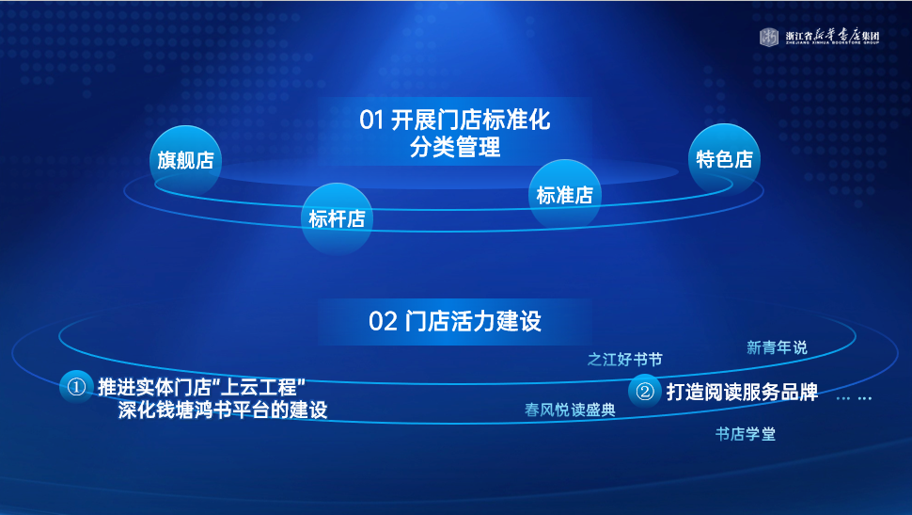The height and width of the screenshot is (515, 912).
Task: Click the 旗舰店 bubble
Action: pyautogui.click(x=185, y=160)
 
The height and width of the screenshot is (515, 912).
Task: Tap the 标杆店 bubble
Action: pyautogui.click(x=337, y=219)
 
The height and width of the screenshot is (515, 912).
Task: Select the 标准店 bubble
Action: pyautogui.click(x=564, y=195)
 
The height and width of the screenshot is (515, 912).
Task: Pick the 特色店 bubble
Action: pyautogui.click(x=724, y=159)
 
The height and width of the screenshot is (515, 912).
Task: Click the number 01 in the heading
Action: pyautogui.click(x=371, y=120)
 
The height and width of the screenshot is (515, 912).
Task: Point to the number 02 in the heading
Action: pyautogui.click(x=383, y=322)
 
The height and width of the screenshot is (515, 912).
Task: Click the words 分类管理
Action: pyautogui.click(x=455, y=146)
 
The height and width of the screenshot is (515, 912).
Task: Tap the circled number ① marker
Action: pyautogui.click(x=76, y=387)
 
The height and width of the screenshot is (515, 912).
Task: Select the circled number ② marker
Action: pyautogui.click(x=644, y=392)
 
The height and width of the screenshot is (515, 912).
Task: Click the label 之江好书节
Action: pyautogui.click(x=624, y=360)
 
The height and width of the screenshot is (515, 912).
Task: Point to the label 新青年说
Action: pyautogui.click(x=777, y=347)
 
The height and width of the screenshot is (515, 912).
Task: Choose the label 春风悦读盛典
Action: pyautogui.click(x=570, y=410)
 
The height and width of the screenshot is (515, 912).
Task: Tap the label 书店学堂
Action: pyautogui.click(x=745, y=434)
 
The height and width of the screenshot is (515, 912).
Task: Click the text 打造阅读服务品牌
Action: pyautogui.click(x=742, y=392)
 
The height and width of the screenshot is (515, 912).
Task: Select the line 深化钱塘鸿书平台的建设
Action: pyautogui.click(x=223, y=410)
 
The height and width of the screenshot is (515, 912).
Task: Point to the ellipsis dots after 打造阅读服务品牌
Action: pyautogui.click(x=854, y=398)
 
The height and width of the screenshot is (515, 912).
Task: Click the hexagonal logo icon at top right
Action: pyautogui.click(x=769, y=37)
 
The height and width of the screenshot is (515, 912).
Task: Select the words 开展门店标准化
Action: pyautogui.click(x=470, y=120)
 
